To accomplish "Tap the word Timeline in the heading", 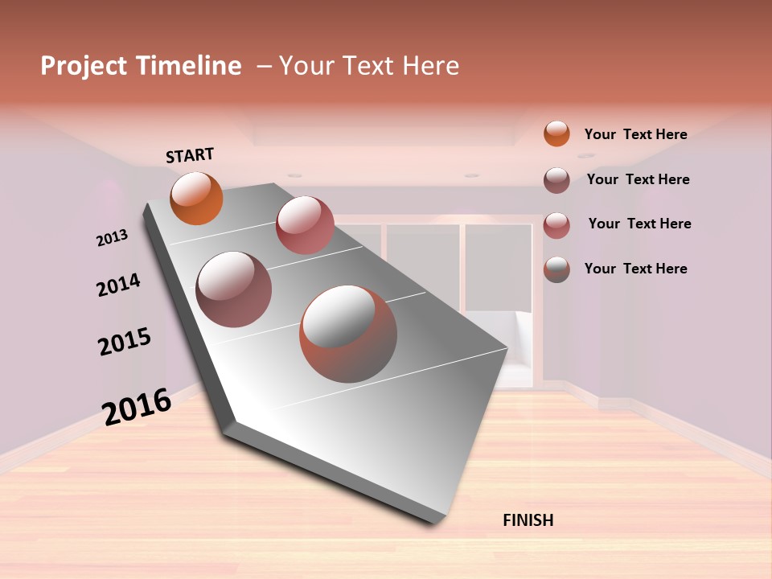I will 189,66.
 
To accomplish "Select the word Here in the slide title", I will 430,66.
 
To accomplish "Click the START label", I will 190,155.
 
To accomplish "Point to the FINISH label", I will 528,520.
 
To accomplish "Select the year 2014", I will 118,285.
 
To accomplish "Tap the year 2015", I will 125,342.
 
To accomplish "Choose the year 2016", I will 137,406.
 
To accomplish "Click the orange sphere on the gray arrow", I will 196,198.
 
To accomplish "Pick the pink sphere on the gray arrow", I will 305,225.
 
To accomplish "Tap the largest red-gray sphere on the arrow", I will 348,334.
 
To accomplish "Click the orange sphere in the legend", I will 556,133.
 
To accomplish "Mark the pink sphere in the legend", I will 556,225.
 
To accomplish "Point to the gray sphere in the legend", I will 556,269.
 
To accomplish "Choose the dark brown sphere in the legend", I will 556,180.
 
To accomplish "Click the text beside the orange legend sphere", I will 635,134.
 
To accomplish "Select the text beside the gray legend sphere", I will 635,269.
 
